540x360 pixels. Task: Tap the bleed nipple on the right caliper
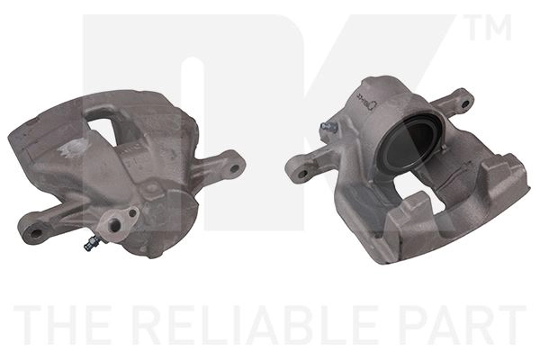(328, 128)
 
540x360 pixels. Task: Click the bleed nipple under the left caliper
(92, 242)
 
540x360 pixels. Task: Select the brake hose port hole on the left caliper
(115, 225)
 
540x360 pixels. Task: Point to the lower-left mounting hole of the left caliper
(36, 233)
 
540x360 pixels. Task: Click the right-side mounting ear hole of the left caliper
(234, 169)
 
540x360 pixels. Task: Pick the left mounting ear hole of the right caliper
(302, 174)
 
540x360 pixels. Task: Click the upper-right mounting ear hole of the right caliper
(465, 103)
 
